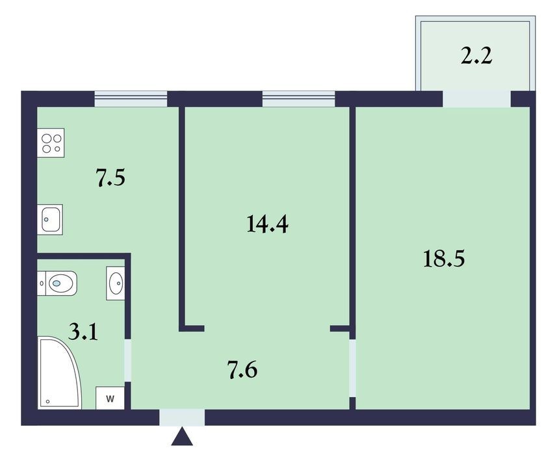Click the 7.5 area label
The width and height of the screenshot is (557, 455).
click(x=110, y=178)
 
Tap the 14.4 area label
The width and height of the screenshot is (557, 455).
click(x=267, y=224)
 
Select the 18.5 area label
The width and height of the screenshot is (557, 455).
click(x=444, y=258)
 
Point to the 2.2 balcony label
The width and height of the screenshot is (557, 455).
click(x=476, y=56)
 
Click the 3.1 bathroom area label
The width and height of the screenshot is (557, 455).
click(x=83, y=333)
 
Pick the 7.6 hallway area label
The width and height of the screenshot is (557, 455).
click(x=242, y=370)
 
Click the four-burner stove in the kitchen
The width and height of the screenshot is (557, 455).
click(x=51, y=143)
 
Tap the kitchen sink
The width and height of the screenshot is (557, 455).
click(x=50, y=219)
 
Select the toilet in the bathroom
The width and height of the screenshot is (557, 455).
click(x=57, y=283)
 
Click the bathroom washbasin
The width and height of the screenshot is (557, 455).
click(x=116, y=283)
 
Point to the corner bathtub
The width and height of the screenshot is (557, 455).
click(x=60, y=372)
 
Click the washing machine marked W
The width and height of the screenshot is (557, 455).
click(x=110, y=398)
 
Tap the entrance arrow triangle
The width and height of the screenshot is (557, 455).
click(x=182, y=436)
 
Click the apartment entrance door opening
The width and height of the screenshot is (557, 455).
click(x=182, y=417)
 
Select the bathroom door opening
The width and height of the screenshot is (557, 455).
click(x=128, y=361)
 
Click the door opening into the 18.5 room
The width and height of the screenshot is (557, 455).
click(x=352, y=369)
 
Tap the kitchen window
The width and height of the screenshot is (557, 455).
click(x=131, y=99)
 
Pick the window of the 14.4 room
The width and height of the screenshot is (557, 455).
click(x=299, y=99)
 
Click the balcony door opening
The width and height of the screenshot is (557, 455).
click(x=476, y=99)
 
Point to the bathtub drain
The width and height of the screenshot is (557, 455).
click(x=47, y=402)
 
